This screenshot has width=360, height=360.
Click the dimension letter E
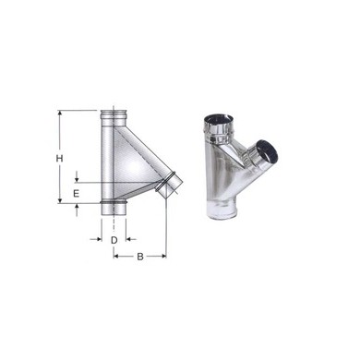tap(78, 195)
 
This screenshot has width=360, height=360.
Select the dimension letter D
tap(114, 240)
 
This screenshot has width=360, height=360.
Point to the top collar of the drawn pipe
tap(114, 116)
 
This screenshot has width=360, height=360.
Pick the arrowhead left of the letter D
tap(99, 238)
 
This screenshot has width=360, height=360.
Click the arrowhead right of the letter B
tap(164, 256)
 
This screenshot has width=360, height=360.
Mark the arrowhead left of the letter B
tap(117, 256)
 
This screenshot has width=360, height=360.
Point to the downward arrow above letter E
tap(78, 180)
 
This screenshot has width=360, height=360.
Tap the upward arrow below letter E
tap(78, 208)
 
